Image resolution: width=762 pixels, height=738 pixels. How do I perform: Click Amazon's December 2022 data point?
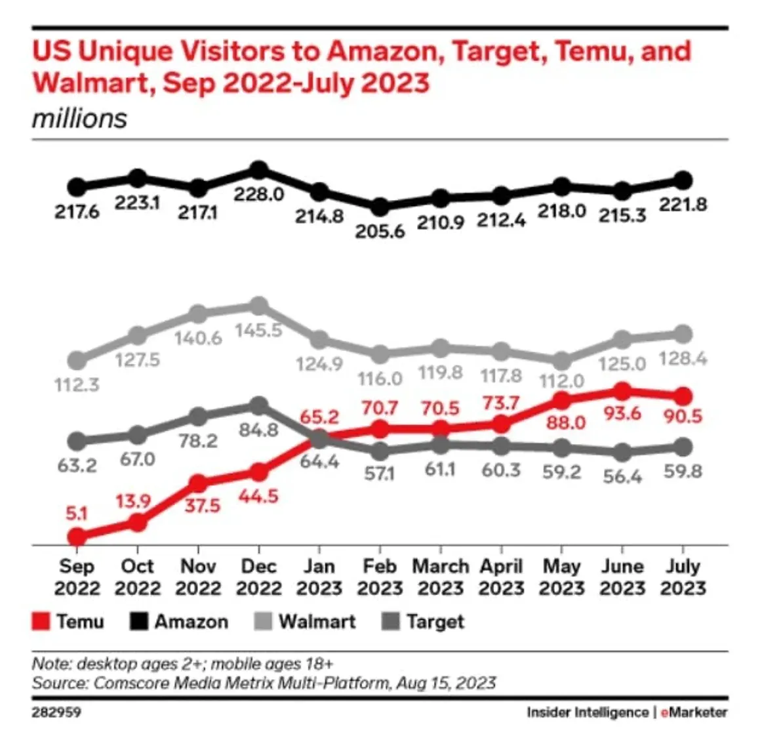(259, 171)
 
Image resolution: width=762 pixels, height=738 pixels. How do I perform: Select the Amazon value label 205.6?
(380, 232)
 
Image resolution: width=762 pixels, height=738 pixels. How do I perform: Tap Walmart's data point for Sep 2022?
(77, 360)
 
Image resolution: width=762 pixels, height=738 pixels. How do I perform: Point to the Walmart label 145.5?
(259, 330)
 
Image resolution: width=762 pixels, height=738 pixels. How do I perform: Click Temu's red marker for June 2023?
(622, 392)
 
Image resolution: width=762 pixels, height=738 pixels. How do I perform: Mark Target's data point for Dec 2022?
(259, 405)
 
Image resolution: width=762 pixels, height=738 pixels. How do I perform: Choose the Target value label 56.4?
(622, 476)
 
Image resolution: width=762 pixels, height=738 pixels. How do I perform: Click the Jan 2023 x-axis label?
(319, 577)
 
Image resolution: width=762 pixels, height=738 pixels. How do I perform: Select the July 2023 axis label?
(683, 577)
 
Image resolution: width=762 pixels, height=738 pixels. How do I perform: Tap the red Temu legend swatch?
(41, 621)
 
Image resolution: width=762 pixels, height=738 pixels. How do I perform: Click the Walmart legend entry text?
(317, 621)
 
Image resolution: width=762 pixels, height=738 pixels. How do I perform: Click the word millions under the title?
(79, 119)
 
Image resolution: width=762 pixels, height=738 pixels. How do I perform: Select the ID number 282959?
(56, 712)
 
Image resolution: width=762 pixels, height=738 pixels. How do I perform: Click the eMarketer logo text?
(694, 712)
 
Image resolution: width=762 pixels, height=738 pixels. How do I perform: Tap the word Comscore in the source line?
(124, 683)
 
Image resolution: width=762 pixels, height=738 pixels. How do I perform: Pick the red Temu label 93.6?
(622, 413)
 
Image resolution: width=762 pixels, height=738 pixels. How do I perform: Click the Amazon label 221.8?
(683, 205)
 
